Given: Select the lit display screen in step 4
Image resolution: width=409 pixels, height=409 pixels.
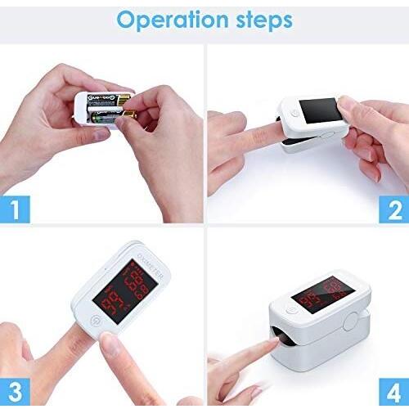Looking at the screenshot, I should pos(327,296).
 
